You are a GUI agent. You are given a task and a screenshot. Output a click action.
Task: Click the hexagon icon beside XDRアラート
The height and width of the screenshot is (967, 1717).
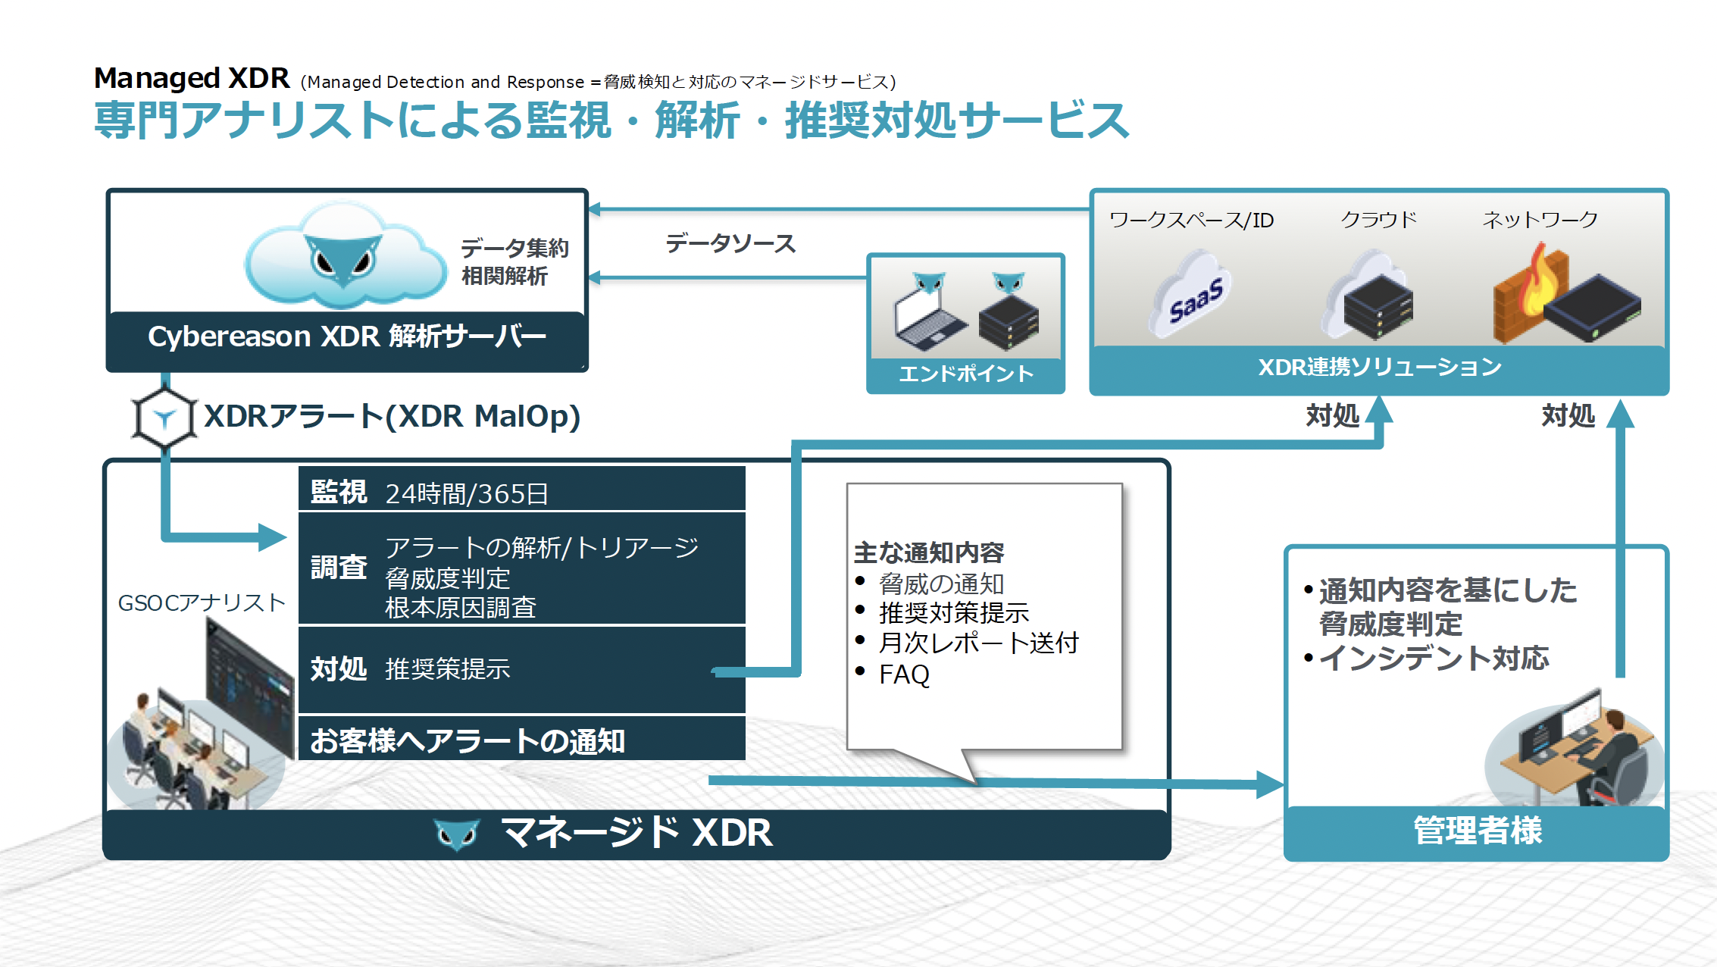click(164, 418)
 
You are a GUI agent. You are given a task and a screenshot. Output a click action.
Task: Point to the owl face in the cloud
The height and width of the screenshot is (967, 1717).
click(343, 258)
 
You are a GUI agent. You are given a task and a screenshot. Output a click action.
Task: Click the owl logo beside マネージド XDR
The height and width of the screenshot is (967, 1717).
click(457, 834)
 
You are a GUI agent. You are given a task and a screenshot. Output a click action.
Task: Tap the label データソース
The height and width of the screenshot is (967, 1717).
click(730, 244)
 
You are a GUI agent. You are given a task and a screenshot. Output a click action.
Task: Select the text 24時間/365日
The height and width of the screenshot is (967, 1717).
click(467, 494)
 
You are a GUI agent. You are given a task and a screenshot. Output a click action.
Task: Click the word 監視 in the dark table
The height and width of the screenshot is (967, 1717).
click(338, 493)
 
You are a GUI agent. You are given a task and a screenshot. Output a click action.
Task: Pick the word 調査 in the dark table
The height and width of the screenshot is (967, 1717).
click(338, 568)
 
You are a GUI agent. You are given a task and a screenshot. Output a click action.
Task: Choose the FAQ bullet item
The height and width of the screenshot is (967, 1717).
click(904, 674)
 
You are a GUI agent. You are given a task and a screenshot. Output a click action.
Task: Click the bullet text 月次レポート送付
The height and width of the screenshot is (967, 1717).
click(978, 643)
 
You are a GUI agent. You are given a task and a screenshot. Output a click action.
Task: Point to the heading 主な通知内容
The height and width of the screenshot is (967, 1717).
click(928, 552)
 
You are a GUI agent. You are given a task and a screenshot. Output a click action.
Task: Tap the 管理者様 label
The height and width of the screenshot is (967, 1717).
click(1477, 831)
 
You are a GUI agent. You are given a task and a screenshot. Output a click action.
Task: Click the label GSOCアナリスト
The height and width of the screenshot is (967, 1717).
click(202, 602)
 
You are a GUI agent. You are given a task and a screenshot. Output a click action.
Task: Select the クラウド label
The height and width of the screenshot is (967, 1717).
click(1378, 220)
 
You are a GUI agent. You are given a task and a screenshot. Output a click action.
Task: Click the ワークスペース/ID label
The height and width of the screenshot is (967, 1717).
click(1191, 220)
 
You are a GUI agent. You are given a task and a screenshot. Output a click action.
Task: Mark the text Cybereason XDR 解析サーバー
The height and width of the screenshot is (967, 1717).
click(347, 336)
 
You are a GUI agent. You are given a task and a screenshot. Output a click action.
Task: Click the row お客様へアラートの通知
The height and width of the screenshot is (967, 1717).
click(468, 741)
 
